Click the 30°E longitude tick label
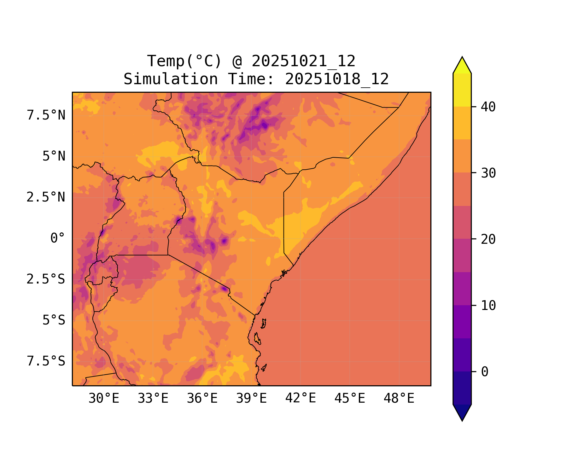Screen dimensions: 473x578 tap(104, 399)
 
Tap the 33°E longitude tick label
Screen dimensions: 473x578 tap(153, 399)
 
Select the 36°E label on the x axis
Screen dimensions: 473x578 tap(202, 399)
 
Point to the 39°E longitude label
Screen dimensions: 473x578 tap(251, 399)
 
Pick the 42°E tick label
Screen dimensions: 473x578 tap(301, 398)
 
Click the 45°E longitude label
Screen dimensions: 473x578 tap(350, 399)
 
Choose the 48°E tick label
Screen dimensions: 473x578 tap(399, 399)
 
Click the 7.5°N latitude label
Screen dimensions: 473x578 tap(46, 115)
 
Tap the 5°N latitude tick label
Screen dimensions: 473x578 tap(54, 156)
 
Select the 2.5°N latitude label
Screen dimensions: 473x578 tap(46, 197)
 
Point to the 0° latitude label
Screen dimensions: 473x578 tap(58, 238)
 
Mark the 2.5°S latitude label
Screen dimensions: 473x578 tap(46, 279)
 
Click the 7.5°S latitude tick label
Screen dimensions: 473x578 tap(46, 361)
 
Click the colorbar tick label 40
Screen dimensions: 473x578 tap(488, 107)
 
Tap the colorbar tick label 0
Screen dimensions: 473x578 tap(485, 372)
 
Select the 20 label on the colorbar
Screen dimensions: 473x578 tap(488, 239)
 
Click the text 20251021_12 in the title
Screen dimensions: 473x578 tap(304, 61)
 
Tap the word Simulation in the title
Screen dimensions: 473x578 tap(171, 79)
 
